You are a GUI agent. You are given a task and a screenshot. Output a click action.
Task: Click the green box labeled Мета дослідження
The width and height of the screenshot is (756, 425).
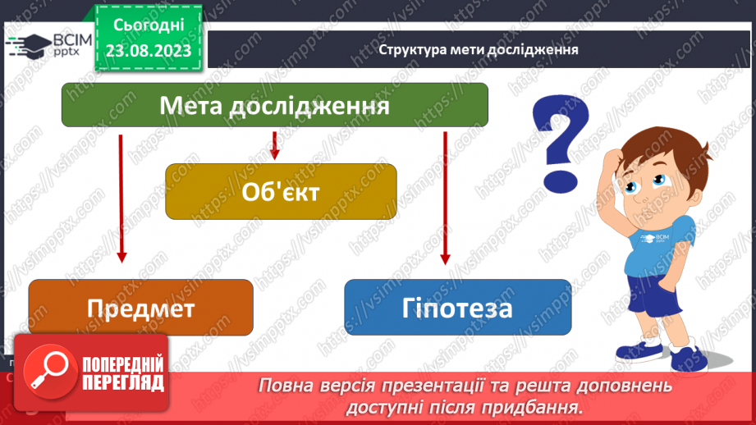pos(274,106)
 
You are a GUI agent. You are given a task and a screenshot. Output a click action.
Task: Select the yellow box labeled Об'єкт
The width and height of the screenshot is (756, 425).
pos(280,191)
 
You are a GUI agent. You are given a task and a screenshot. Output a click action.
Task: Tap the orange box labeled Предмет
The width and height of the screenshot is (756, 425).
pos(140,308)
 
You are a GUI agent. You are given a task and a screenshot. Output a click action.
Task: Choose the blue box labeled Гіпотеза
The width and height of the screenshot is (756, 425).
pos(457,308)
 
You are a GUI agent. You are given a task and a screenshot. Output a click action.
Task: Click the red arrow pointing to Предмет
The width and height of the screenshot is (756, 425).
pos(121,197)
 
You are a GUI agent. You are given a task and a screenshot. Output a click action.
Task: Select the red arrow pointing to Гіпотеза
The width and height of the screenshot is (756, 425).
pos(446,197)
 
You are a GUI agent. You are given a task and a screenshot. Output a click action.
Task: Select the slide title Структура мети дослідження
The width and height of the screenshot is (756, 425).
pos(479,49)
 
